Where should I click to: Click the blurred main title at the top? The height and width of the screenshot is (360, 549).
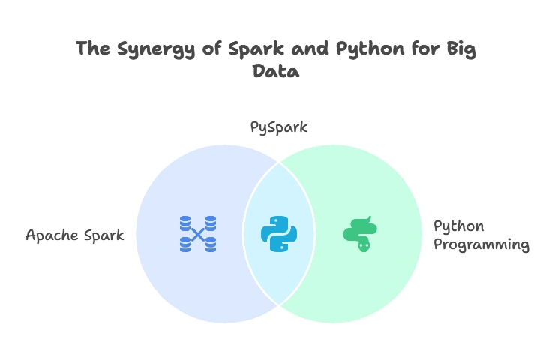click(276, 49)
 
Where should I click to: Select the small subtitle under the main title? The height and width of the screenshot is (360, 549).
click(276, 73)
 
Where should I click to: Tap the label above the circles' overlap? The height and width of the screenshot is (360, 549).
click(278, 127)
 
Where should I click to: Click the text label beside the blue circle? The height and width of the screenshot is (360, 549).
click(75, 236)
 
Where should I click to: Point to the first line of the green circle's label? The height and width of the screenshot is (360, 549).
click(458, 226)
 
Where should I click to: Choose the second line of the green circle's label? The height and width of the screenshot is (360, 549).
click(482, 245)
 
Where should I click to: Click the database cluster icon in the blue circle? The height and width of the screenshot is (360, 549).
click(198, 234)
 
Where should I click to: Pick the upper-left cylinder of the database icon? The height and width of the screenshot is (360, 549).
click(185, 223)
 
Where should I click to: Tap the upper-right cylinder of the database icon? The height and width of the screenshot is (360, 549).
click(211, 223)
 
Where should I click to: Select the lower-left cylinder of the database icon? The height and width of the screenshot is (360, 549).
click(185, 244)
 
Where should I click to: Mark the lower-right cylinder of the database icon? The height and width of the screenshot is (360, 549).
click(211, 244)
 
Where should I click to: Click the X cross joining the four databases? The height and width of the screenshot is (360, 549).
click(198, 234)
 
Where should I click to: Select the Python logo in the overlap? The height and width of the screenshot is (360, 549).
click(279, 234)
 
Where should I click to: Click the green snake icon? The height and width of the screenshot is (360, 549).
click(360, 234)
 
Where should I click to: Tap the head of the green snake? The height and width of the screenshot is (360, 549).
click(364, 244)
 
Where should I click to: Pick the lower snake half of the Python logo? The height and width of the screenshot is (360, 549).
click(284, 242)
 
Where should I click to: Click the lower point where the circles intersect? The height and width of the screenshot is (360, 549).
click(279, 305)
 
